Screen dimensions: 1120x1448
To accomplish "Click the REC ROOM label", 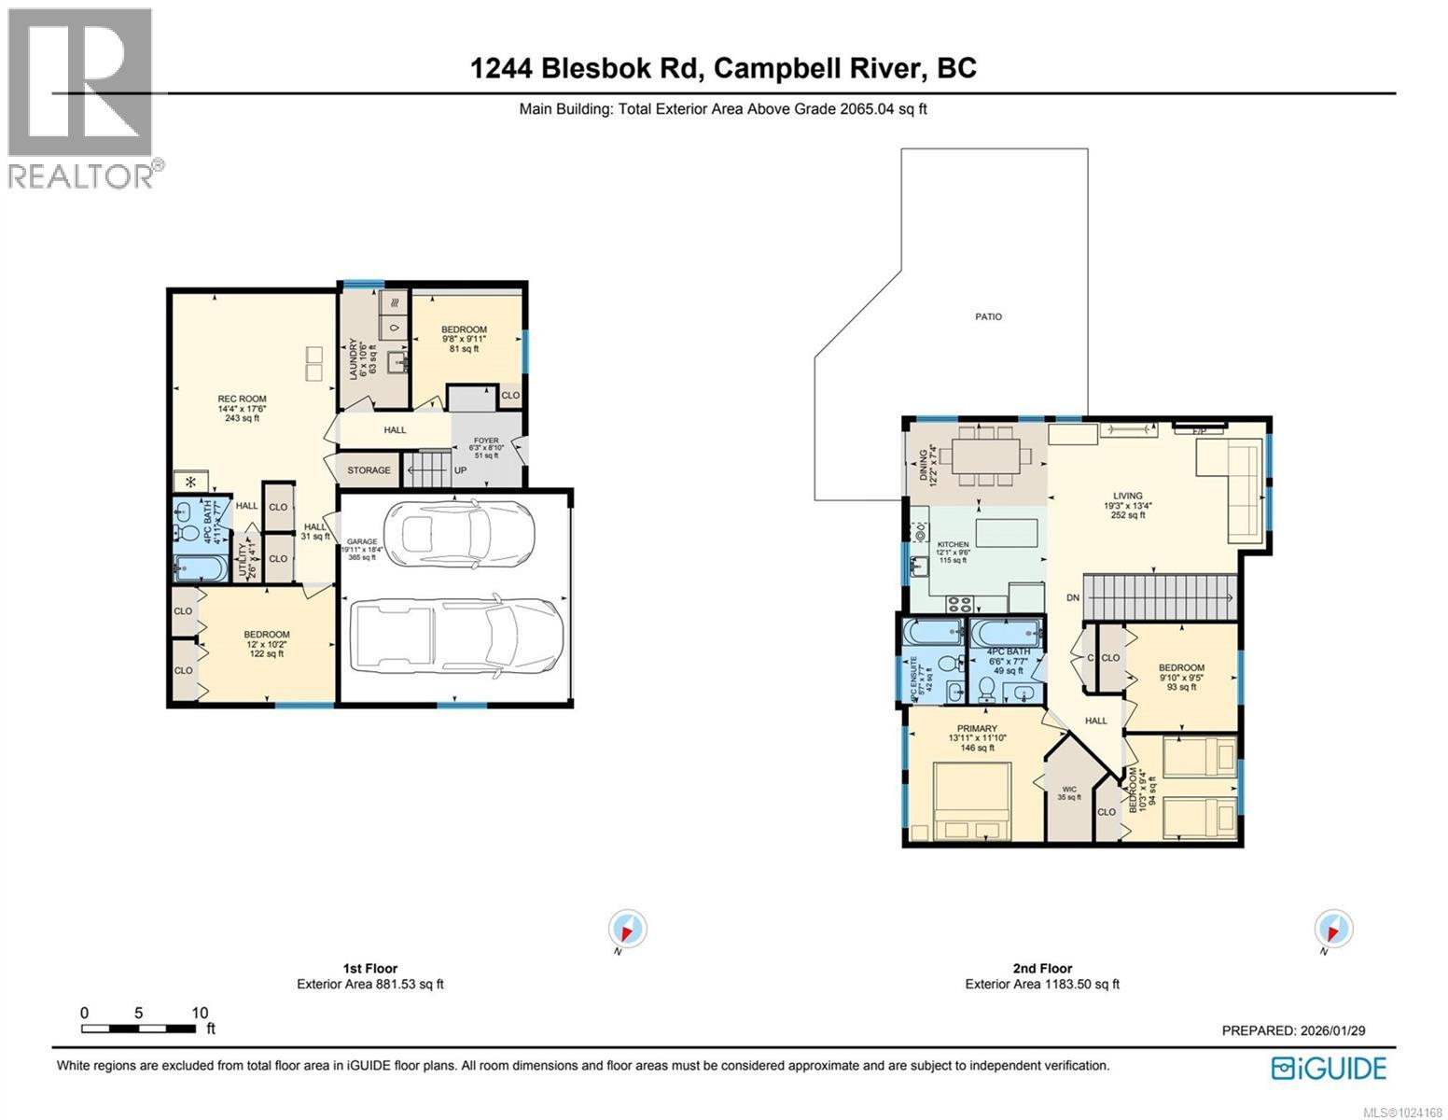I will click(242, 399).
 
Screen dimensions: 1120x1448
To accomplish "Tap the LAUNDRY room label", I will click(353, 356).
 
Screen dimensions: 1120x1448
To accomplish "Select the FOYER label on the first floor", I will click(486, 441).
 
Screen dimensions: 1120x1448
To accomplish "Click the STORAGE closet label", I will click(369, 470).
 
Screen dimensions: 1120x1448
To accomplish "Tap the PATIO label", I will click(988, 317).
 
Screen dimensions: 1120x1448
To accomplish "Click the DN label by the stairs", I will click(1073, 597).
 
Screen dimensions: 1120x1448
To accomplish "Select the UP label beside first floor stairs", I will click(460, 470).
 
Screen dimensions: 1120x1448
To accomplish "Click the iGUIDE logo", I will click(1330, 1068).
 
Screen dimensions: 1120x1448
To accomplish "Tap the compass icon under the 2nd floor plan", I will click(1333, 930).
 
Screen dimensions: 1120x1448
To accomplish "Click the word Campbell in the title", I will click(787, 68).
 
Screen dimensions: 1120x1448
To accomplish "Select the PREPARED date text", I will click(1293, 1030).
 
